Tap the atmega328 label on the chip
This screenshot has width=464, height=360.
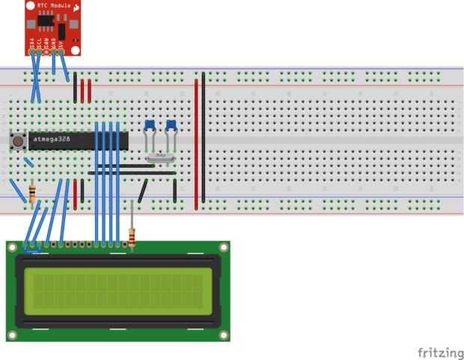[x=52, y=140]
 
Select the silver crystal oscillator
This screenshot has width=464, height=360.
[x=159, y=157]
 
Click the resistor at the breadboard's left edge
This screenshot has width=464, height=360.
[x=31, y=194]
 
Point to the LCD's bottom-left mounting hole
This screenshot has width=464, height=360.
[x=12, y=335]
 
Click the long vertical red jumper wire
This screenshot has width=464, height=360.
[x=197, y=142]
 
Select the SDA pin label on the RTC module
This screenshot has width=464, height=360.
[x=48, y=43]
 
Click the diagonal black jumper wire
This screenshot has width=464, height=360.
[x=143, y=190]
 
